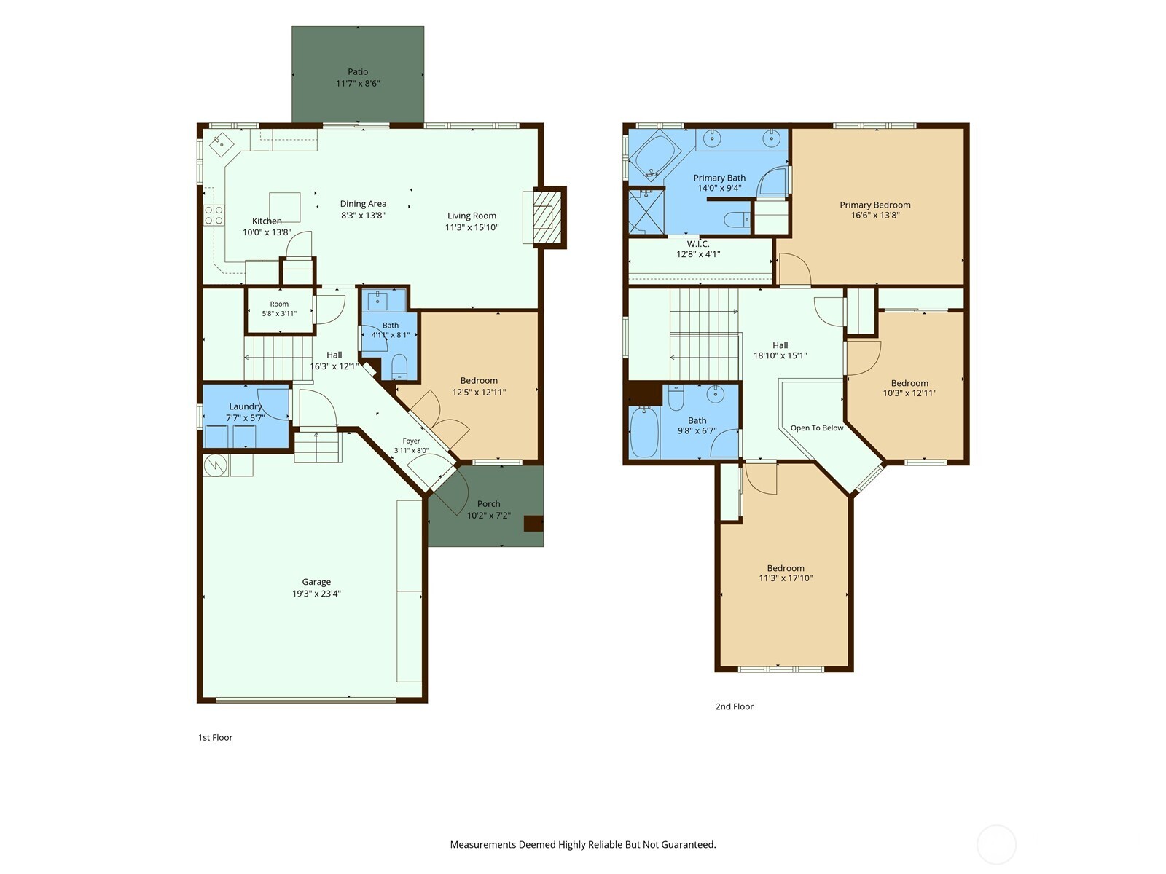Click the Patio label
click(x=358, y=71)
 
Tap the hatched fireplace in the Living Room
click(x=547, y=217)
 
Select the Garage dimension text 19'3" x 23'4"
click(x=316, y=594)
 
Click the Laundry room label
click(x=246, y=406)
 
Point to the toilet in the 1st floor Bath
click(x=399, y=366)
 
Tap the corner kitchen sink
click(x=222, y=143)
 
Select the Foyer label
click(x=411, y=441)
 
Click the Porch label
click(x=488, y=503)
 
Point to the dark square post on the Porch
click(x=533, y=523)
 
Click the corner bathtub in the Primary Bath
click(x=654, y=154)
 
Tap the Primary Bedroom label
click(x=875, y=205)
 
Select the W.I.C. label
click(x=698, y=244)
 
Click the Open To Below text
click(x=816, y=428)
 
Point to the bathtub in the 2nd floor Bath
click(x=643, y=432)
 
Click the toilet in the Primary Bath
click(x=737, y=219)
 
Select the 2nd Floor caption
click(x=734, y=706)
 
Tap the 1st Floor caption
click(x=215, y=737)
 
